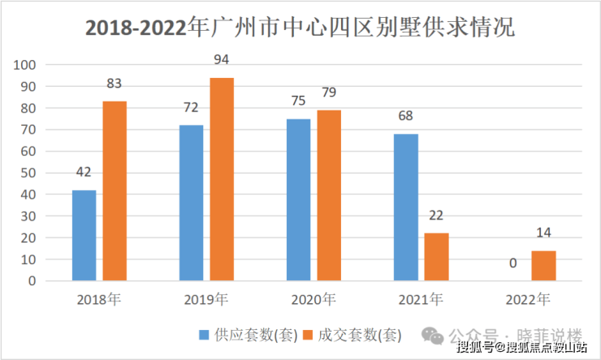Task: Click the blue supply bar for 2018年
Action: pyautogui.click(x=84, y=236)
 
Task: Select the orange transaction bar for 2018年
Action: pyautogui.click(x=115, y=191)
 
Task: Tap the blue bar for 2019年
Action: pyautogui.click(x=191, y=203)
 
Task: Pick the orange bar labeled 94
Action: pyautogui.click(x=222, y=180)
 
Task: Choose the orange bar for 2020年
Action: pyautogui.click(x=329, y=196)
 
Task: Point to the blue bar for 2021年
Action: pyautogui.click(x=406, y=207)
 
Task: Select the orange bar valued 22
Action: pyautogui.click(x=436, y=257)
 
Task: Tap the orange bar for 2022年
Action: pyautogui.click(x=543, y=266)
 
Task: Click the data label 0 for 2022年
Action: pyautogui.click(x=513, y=263)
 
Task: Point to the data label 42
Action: pyautogui.click(x=84, y=172)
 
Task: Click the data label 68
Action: pyautogui.click(x=406, y=116)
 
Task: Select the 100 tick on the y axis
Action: pyautogui.click(x=25, y=65)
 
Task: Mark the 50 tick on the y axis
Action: pyautogui.click(x=28, y=173)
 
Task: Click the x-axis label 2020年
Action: pyautogui.click(x=313, y=299)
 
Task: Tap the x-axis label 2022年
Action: pyautogui.click(x=528, y=299)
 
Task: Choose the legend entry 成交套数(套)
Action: pyautogui.click(x=348, y=335)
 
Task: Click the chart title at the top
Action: pyautogui.click(x=300, y=27)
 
